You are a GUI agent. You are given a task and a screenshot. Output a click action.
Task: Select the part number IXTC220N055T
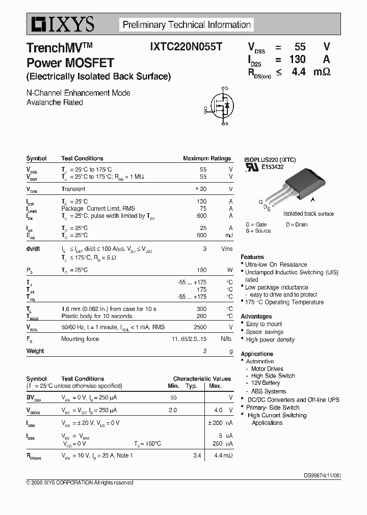coord(186,47)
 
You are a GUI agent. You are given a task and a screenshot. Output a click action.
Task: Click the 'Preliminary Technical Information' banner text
coord(187,24)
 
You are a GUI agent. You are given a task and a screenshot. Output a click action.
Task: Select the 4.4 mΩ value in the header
coord(310,72)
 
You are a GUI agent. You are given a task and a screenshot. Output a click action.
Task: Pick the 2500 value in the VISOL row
coord(200,327)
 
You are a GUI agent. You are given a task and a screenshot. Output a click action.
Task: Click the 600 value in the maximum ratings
coord(202,216)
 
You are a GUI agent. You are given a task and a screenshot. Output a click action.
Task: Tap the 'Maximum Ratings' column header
coord(206,158)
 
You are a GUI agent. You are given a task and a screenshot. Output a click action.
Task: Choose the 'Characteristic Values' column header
coord(202,379)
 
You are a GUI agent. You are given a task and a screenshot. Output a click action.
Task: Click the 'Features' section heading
coord(252,257)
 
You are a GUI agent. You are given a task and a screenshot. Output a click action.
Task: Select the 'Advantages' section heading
coord(256,317)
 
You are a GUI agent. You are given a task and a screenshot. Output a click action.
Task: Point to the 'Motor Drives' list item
coord(267,368)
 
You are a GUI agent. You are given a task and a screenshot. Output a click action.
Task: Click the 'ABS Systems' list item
coord(269,391)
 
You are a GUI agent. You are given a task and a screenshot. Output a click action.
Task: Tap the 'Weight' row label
coord(35,351)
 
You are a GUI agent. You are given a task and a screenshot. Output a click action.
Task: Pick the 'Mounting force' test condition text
coord(80,339)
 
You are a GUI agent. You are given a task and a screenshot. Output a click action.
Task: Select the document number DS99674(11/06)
coord(322,475)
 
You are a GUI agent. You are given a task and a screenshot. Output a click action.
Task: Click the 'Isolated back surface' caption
coord(308,214)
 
